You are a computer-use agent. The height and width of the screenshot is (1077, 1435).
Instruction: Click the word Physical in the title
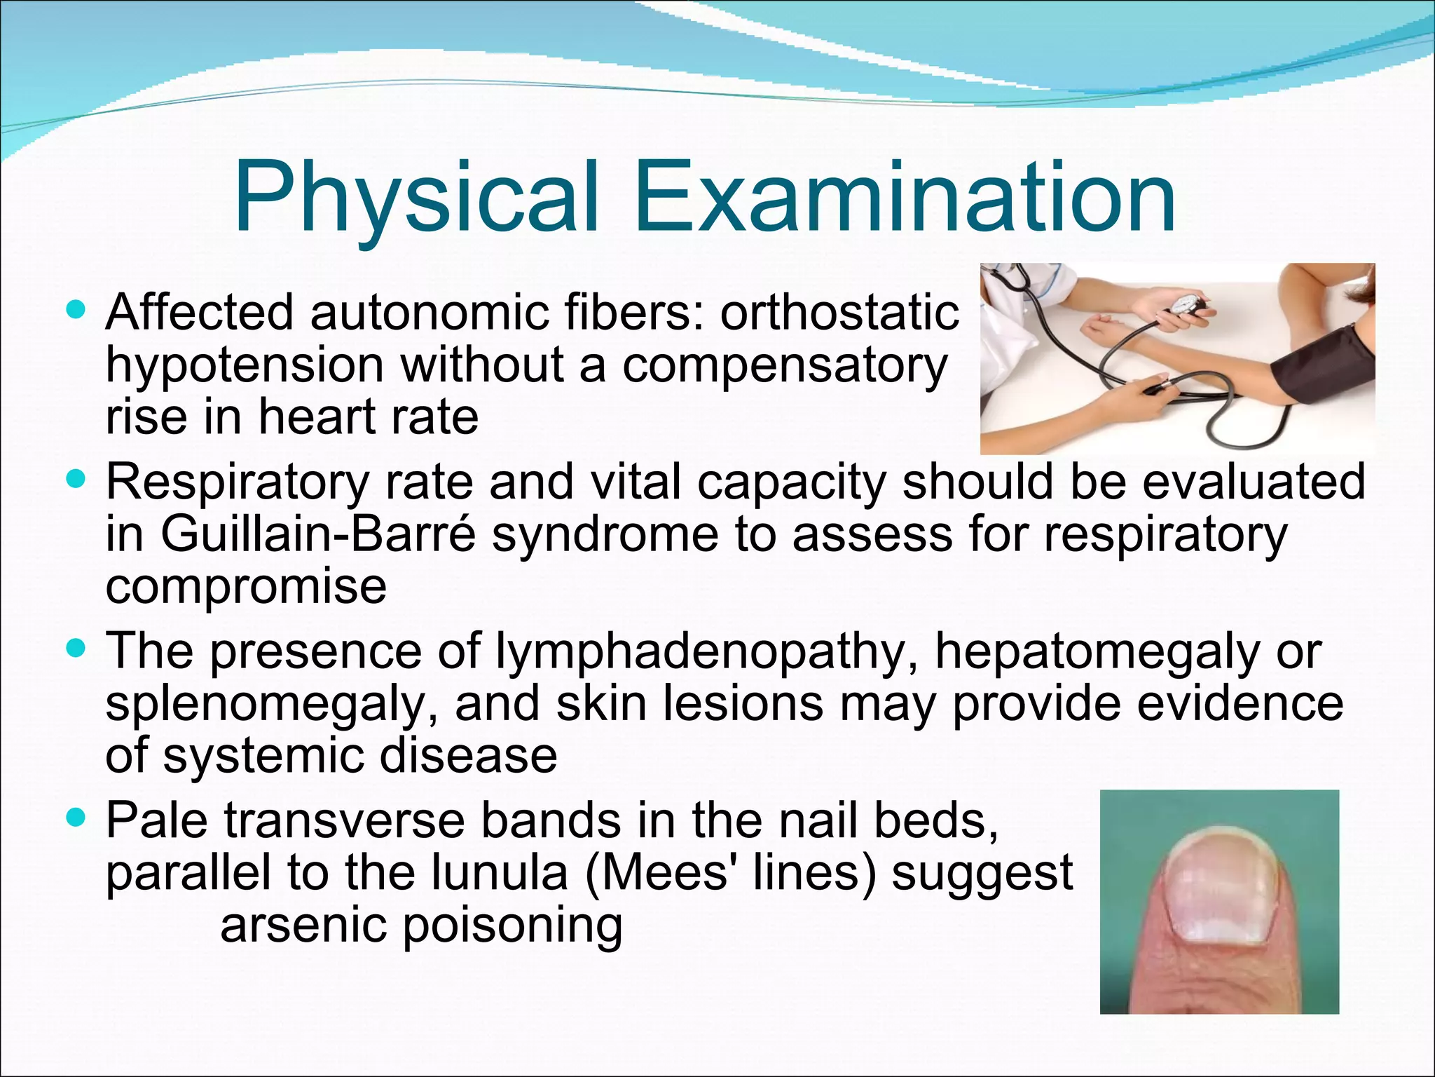click(x=417, y=198)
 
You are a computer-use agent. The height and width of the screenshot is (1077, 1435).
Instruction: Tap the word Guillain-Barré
click(x=319, y=534)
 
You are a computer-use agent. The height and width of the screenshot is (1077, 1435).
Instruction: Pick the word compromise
click(x=246, y=588)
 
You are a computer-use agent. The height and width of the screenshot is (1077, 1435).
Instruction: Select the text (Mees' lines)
click(x=729, y=873)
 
